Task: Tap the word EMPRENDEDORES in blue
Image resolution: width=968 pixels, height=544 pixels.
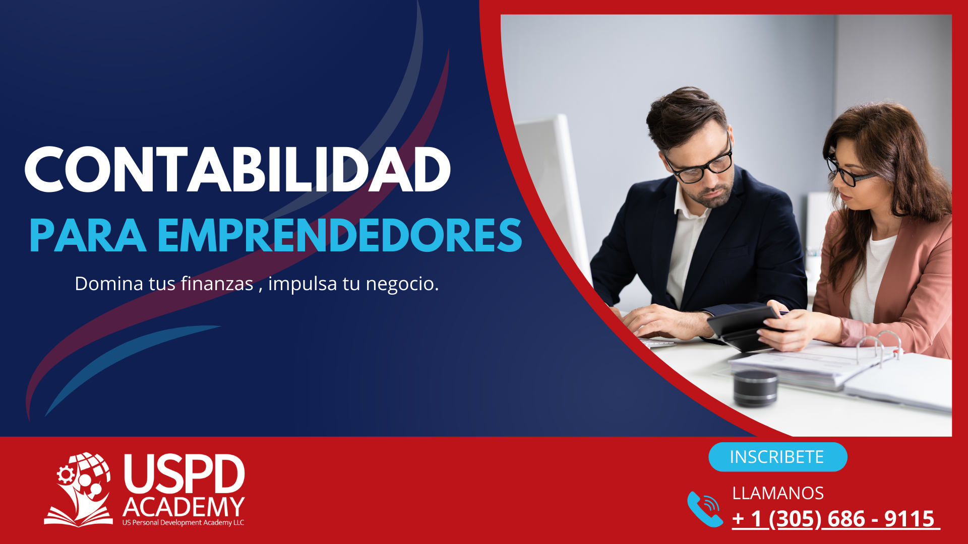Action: pos(340,235)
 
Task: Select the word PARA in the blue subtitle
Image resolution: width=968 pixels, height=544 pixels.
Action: pos(88,235)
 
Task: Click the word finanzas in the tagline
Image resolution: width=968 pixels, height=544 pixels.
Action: pos(217,284)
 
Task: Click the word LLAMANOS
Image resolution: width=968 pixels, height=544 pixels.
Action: pos(778,493)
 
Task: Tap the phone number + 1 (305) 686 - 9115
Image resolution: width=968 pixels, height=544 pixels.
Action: pos(834,519)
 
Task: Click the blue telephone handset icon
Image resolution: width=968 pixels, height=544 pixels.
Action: pos(705,509)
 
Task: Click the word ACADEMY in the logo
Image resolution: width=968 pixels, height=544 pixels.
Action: pos(184,507)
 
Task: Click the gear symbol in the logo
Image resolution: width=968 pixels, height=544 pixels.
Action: pos(66,474)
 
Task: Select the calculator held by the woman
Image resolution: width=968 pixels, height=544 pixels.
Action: pos(745,327)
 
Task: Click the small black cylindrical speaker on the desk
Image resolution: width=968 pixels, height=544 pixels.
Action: pos(755,388)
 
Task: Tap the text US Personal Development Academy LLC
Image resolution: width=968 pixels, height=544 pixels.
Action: pos(183,523)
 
